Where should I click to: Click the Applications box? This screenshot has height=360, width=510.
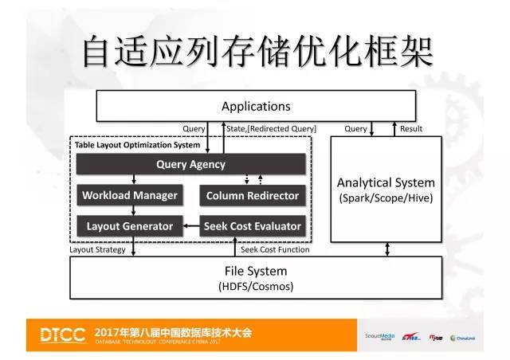tap(256, 106)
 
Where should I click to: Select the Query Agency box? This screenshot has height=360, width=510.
tap(190, 165)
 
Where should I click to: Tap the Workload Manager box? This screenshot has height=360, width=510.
tap(130, 195)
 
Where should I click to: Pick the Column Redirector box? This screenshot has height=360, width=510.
tap(252, 195)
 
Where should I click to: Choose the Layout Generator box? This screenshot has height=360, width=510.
tap(130, 225)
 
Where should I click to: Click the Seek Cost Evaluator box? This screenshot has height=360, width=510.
tap(252, 225)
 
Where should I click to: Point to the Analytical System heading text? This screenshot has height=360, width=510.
tap(386, 182)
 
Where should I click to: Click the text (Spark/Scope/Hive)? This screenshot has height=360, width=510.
tap(386, 198)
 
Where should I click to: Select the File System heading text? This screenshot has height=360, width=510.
tap(256, 271)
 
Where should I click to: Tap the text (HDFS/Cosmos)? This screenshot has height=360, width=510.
tap(256, 286)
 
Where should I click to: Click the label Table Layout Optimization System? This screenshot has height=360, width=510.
tap(138, 146)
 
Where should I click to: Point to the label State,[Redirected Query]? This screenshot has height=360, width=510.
tap(271, 129)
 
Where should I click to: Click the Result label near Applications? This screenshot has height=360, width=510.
tap(411, 129)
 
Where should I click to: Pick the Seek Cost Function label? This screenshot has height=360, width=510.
tap(275, 249)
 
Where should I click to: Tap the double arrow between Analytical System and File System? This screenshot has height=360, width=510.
tap(386, 249)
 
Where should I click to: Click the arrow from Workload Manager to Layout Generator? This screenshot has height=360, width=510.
tap(130, 210)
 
